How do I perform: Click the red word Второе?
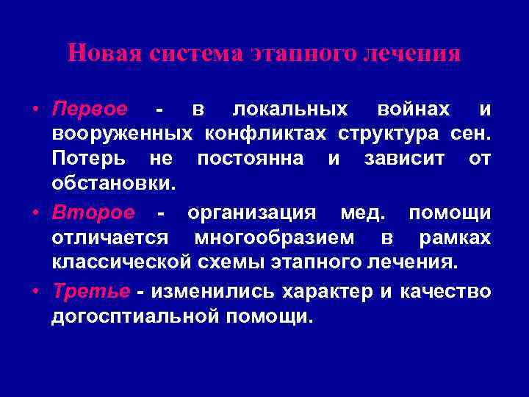[x=93, y=213]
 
